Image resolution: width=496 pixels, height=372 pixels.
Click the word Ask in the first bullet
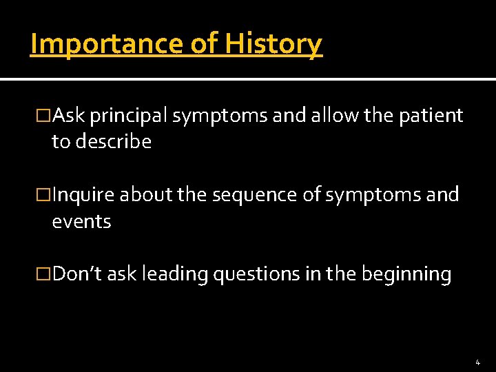[68, 116]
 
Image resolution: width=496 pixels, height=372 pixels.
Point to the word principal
[127, 116]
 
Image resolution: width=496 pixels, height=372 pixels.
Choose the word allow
[335, 116]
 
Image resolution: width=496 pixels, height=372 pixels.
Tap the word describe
[114, 142]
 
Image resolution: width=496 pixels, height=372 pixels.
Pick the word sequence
[256, 196]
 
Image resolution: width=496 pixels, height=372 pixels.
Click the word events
[81, 222]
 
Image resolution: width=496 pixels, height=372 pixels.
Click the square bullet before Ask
[45, 116]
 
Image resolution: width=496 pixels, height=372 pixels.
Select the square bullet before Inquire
[45, 196]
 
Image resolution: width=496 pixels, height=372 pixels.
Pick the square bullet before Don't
[45, 275]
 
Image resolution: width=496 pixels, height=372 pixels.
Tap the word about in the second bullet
[146, 196]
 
